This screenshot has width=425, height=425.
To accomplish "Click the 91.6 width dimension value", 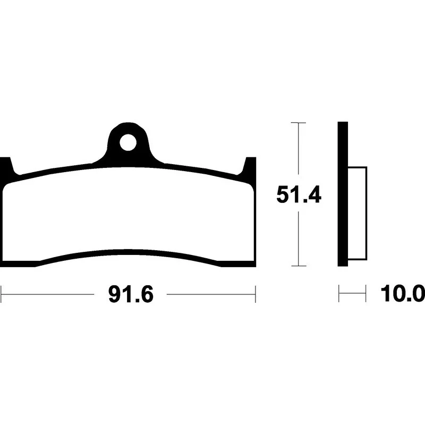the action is (x=131, y=294).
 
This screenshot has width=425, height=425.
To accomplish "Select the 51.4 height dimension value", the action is (x=299, y=194).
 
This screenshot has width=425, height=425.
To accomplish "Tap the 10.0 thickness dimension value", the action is (x=403, y=293).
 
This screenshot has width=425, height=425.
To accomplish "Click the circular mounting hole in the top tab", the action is (x=128, y=142).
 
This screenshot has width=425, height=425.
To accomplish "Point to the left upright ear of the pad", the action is (x=6, y=167).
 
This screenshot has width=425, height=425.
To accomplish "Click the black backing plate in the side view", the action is (x=343, y=194).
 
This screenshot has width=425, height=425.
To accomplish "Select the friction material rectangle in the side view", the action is (x=357, y=214).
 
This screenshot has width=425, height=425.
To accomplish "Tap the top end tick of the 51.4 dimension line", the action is (x=299, y=123).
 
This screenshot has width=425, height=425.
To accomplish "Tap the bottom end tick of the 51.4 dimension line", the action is (x=299, y=266).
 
